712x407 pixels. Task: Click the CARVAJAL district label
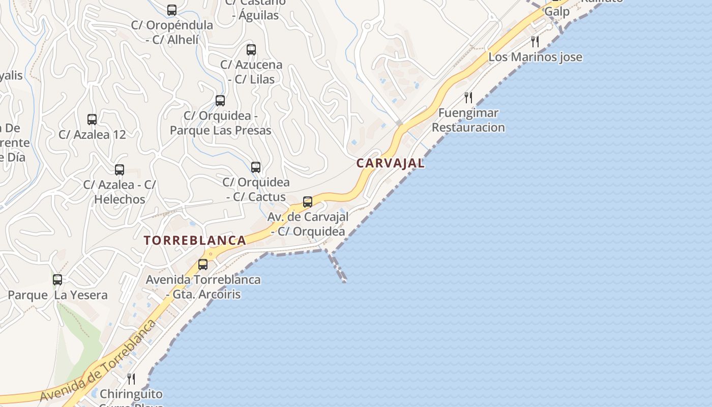click(390, 163)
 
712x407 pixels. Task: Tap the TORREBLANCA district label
click(195, 241)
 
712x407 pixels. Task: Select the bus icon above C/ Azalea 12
click(92, 120)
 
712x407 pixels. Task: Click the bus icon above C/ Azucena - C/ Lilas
click(251, 50)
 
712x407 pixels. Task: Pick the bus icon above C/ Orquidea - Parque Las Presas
click(220, 101)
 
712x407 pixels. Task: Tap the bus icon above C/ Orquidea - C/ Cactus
click(256, 167)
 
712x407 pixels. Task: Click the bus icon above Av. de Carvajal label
click(308, 202)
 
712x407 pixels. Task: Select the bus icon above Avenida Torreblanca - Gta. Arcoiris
click(203, 265)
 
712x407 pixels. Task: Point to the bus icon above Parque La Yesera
click(57, 280)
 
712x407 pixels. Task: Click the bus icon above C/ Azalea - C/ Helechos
click(120, 170)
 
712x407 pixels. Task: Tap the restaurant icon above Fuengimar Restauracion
click(468, 98)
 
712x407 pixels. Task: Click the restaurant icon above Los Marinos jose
click(535, 42)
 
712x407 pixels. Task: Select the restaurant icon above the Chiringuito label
click(131, 379)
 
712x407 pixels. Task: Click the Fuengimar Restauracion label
click(468, 120)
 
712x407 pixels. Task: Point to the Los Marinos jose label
click(535, 57)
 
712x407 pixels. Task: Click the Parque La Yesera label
click(57, 295)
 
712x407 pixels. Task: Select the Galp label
click(557, 12)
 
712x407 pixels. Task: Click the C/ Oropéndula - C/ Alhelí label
click(172, 32)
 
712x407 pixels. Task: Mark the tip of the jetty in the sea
click(344, 281)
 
